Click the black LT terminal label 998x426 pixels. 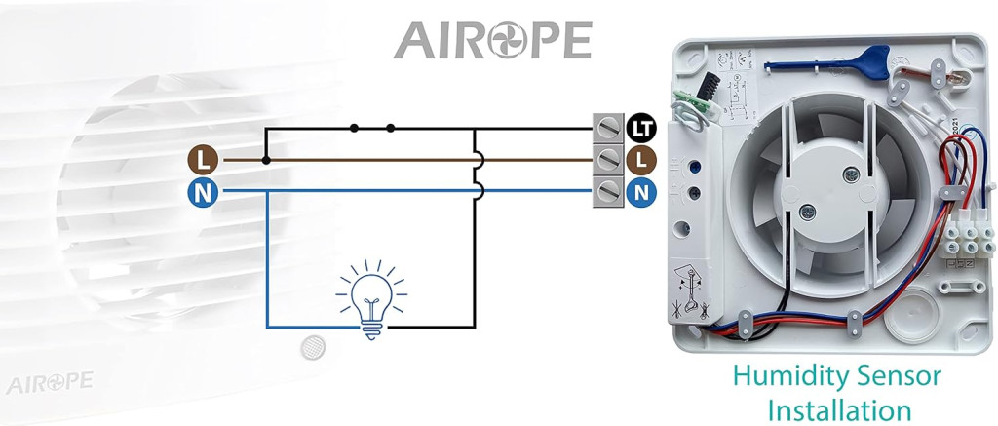click(639, 127)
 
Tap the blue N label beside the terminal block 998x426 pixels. click(639, 191)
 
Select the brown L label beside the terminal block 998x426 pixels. click(639, 159)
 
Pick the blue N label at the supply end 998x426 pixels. click(202, 191)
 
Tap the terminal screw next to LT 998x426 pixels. click(608, 127)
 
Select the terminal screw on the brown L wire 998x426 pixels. click(608, 159)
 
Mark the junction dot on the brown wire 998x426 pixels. click(266, 159)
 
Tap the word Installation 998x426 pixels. click(839, 408)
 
